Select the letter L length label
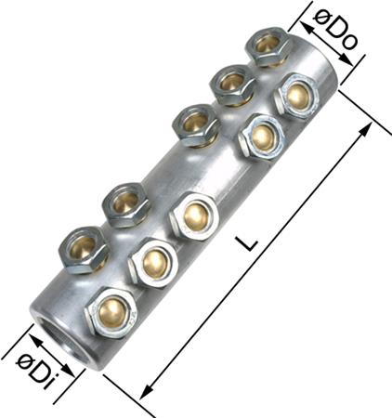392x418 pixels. pos(245,243)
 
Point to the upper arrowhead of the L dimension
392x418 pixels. pos(366,128)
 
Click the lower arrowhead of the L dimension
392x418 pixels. pos(145,392)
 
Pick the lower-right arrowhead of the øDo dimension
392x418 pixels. pos(346,60)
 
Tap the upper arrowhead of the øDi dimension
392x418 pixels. pos(36,340)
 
